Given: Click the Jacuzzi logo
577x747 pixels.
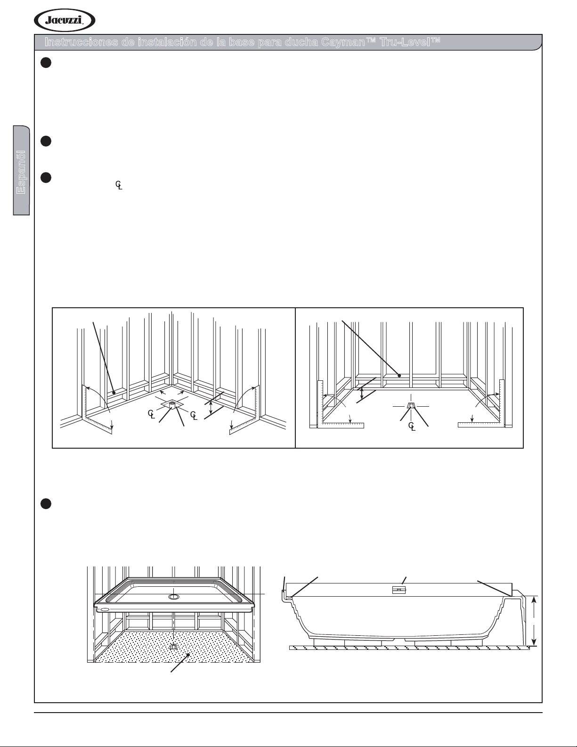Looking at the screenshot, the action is click(x=65, y=21).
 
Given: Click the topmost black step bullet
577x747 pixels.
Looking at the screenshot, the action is click(x=45, y=63).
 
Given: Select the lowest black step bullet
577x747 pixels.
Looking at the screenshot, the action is click(x=45, y=504).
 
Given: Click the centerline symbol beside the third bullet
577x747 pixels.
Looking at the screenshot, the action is click(x=119, y=186).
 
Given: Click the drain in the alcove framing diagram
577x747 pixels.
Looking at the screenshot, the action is click(x=411, y=406).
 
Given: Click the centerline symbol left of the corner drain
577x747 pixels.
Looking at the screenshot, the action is click(x=151, y=414).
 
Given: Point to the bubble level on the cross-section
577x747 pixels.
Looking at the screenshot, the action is click(x=399, y=590).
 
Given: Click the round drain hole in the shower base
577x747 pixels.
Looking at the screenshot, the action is click(x=173, y=597).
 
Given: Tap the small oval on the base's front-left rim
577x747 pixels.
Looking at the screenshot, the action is click(x=105, y=608).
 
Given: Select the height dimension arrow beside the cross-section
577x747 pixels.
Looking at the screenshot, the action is click(x=534, y=621).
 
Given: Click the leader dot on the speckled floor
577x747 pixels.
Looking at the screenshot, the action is click(x=188, y=655).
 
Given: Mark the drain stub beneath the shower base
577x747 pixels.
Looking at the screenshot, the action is click(x=173, y=647).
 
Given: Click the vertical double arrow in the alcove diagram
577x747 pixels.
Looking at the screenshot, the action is click(x=362, y=394).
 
